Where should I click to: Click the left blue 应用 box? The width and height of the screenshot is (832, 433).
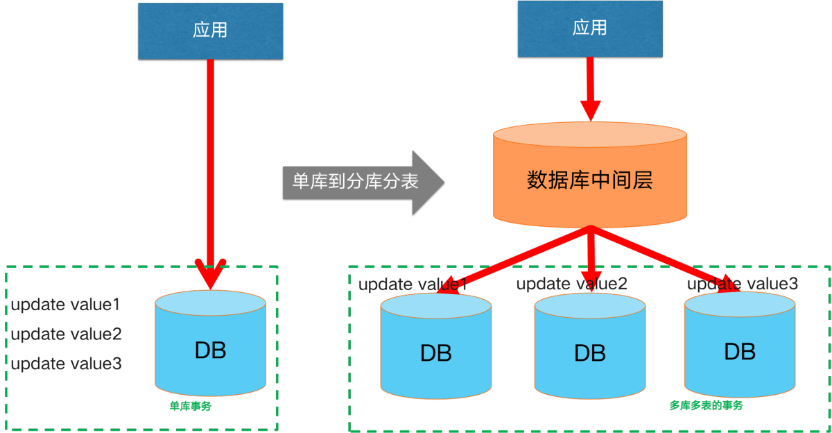(210, 31)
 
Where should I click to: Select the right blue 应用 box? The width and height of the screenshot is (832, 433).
(589, 28)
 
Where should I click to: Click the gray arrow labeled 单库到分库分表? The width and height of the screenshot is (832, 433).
(361, 182)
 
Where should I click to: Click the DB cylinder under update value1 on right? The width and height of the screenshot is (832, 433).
(435, 350)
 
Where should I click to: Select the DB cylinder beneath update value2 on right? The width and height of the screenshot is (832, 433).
(589, 350)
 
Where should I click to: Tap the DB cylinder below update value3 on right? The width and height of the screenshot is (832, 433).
(739, 350)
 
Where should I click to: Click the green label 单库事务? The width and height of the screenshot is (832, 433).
(190, 407)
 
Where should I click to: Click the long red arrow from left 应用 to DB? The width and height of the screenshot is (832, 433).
(210, 160)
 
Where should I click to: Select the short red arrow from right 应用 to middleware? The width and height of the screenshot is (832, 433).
(590, 87)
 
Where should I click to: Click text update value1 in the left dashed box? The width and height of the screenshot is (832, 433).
(66, 305)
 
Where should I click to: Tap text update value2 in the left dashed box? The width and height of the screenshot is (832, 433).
(67, 334)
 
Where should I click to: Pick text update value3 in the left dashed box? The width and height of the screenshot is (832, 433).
(67, 364)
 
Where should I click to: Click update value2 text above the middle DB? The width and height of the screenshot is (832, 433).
(571, 284)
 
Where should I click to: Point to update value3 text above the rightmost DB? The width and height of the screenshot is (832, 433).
(742, 284)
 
